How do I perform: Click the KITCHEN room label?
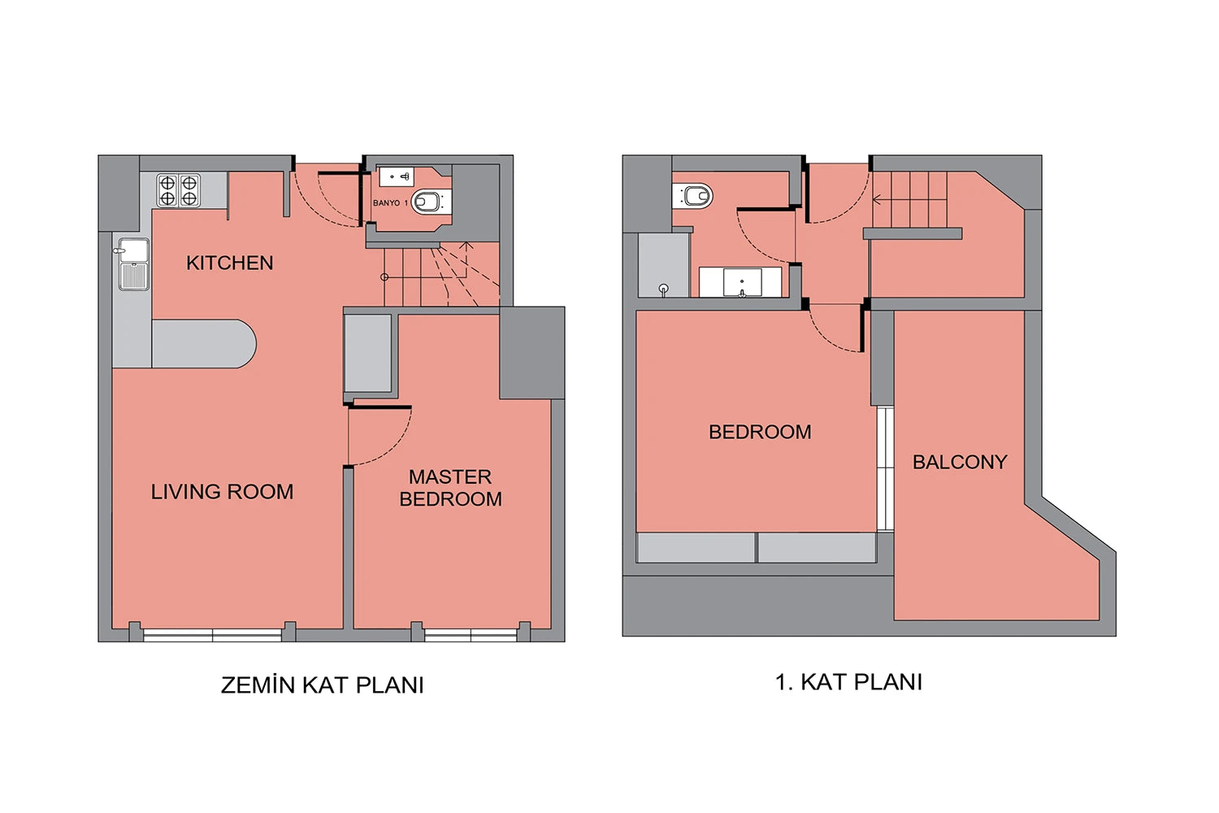pos(230,263)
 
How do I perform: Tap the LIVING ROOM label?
pos(222,492)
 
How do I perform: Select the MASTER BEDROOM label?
pos(450,488)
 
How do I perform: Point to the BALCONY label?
pos(960,462)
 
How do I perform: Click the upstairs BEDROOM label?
pos(760,432)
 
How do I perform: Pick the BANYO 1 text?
pos(390,202)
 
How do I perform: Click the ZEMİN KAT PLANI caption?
pos(322,685)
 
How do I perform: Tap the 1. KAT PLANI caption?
pos(848,682)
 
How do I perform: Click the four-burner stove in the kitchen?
pos(179,190)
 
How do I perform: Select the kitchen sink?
pos(133,264)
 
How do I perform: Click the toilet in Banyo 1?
pos(431,202)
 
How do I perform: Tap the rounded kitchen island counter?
pos(203,344)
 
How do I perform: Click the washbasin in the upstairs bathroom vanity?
pos(742,282)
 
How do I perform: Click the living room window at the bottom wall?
pos(212,635)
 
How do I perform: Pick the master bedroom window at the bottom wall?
pos(471,635)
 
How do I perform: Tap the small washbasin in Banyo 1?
pos(397,177)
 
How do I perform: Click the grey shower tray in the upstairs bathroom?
pos(664,266)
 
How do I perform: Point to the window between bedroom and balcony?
pos(886,468)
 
